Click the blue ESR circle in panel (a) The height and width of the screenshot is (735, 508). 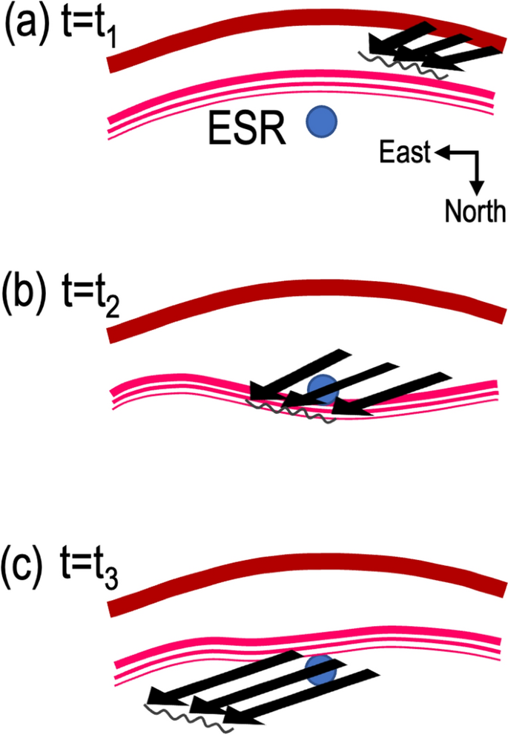click(322, 120)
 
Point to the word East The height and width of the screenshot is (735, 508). click(404, 154)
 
